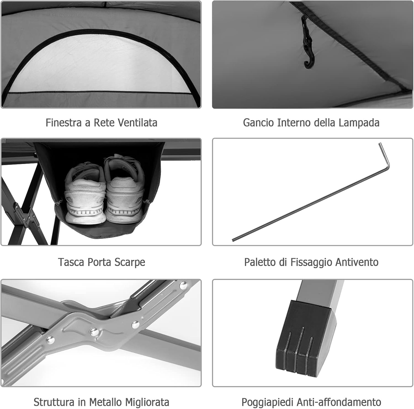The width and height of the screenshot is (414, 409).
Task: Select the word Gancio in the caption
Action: [259, 122]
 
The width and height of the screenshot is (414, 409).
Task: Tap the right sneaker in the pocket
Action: [125, 191]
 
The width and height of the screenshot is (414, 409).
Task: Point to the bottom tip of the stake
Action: [234, 240]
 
